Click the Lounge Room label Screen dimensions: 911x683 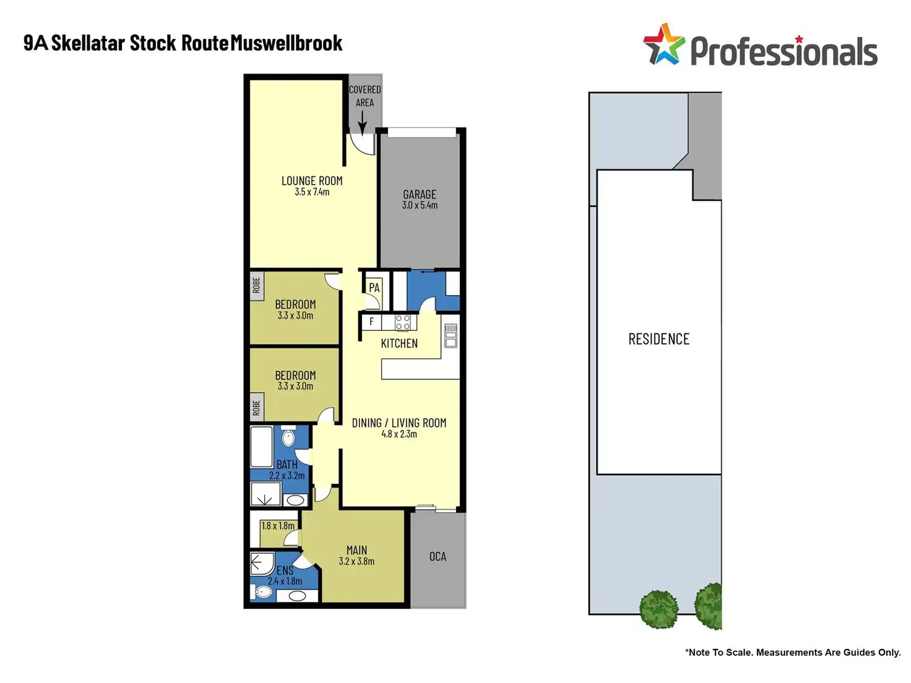312,181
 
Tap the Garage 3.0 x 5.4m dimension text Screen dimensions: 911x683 420,205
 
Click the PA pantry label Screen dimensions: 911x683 374,288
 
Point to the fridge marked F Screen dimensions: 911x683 371,322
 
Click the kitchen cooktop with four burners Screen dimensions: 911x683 403,322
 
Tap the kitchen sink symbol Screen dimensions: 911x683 451,335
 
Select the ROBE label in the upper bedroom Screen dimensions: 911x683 256,286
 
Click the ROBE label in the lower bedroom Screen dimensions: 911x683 256,408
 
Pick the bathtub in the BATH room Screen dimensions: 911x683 262,446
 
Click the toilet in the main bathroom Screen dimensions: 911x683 288,438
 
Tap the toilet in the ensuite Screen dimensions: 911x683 264,593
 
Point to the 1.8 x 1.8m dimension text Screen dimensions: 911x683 278,526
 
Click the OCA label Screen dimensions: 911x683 438,556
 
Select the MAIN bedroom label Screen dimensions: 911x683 356,550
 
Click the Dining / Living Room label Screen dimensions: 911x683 399,423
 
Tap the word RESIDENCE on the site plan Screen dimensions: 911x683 658,339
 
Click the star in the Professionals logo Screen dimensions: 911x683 663,45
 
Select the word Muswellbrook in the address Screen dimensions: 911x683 286,43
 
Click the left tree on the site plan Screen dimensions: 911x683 659,609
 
